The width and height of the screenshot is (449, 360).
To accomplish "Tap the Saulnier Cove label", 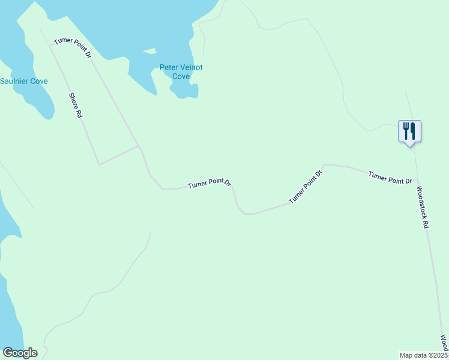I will [x=24, y=81].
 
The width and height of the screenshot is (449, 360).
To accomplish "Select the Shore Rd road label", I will [x=75, y=105].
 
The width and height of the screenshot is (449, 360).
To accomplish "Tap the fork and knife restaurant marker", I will [x=409, y=131].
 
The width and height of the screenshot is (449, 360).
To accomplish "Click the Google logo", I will [x=20, y=353].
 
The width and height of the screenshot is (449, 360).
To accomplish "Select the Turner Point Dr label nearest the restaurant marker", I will [x=390, y=177].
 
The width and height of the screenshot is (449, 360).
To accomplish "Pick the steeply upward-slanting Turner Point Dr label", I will [x=306, y=187].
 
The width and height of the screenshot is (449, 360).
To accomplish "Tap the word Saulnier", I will [x=14, y=81].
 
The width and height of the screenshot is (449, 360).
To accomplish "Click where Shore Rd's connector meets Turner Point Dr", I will [x=139, y=146].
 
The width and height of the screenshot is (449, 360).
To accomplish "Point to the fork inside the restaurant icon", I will [x=406, y=130].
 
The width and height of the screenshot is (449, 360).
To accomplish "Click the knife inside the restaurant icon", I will [x=414, y=130].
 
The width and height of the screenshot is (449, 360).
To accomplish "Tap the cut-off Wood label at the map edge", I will [x=444, y=344].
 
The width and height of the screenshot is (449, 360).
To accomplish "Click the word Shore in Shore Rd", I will [x=73, y=100].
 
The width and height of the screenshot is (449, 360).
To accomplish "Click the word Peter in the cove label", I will [x=169, y=68].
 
